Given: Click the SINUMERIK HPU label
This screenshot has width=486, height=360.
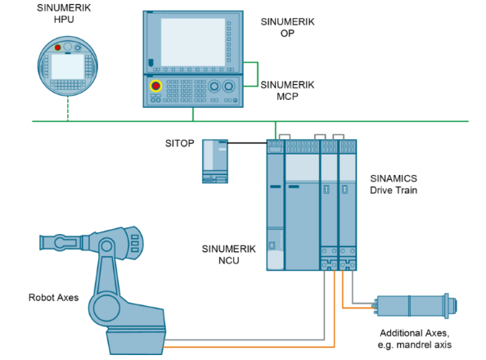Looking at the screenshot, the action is pyautogui.click(x=64, y=13).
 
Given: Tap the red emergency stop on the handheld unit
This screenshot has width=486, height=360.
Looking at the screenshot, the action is pyautogui.click(x=57, y=47).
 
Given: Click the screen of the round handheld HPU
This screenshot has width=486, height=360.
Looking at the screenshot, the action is pyautogui.click(x=68, y=66).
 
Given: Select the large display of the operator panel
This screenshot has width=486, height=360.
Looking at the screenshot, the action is pyautogui.click(x=193, y=42).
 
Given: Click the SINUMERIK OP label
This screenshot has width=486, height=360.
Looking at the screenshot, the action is pyautogui.click(x=287, y=27).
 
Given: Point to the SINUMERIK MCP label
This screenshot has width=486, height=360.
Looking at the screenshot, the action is pyautogui.click(x=287, y=91).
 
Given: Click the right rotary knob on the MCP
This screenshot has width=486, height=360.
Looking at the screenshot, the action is pyautogui.click(x=229, y=86).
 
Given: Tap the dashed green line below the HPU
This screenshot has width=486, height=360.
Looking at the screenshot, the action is pyautogui.click(x=68, y=109).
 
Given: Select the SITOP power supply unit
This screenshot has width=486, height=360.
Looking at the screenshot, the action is pyautogui.click(x=215, y=161).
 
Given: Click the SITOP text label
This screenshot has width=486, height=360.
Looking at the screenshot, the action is pyautogui.click(x=179, y=143).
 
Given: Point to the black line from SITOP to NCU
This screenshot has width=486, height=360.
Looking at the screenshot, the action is pyautogui.click(x=247, y=143).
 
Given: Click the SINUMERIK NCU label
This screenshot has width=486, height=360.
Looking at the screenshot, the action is pyautogui.click(x=229, y=254).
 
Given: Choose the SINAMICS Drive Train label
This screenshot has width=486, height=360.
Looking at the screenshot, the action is pyautogui.click(x=394, y=184).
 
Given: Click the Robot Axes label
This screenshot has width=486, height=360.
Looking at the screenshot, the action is pyautogui.click(x=54, y=298).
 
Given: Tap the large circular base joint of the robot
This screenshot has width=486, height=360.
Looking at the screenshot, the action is pyautogui.click(x=106, y=308).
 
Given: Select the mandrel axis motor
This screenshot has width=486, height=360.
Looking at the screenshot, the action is pyautogui.click(x=416, y=306).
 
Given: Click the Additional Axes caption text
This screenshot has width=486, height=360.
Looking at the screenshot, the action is pyautogui.click(x=414, y=339).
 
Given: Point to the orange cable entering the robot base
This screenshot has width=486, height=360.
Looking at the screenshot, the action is pyautogui.click(x=249, y=347).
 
